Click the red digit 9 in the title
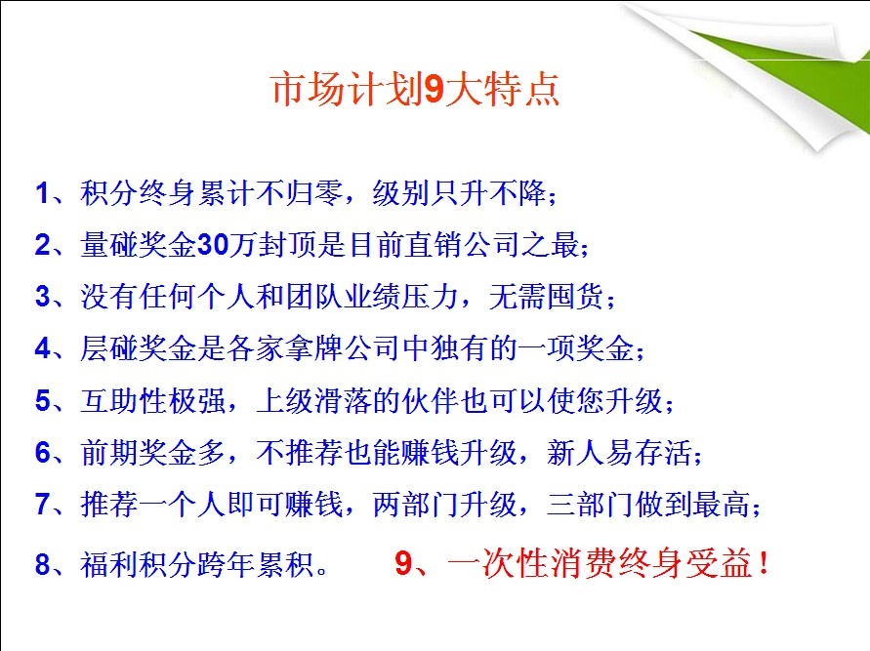pos(434,89)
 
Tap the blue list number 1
pos(42,193)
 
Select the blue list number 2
pos(43,245)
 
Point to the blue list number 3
pos(43,297)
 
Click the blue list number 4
pos(43,348)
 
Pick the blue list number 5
pos(43,401)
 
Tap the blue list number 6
pos(43,453)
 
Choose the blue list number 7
pos(43,505)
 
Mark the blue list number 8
pos(43,564)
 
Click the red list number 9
pos(403,563)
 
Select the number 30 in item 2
pos(213,245)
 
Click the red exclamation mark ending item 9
pos(765,563)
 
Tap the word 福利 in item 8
pos(108,564)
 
